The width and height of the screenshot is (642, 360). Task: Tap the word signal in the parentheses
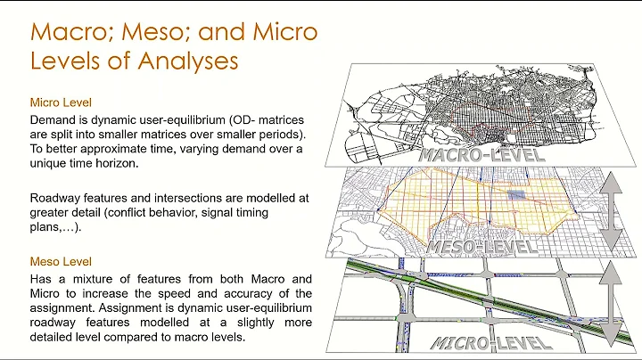[239, 213]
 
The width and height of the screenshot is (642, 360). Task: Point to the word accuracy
[236, 294]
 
